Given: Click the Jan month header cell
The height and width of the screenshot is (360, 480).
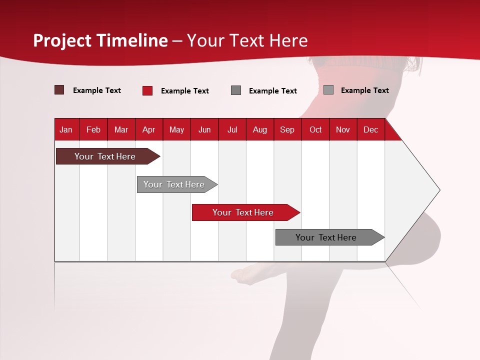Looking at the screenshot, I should tap(66, 129).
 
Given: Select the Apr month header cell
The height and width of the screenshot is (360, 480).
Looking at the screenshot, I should tap(149, 129).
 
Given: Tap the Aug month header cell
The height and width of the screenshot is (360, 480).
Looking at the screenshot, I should tap(260, 129).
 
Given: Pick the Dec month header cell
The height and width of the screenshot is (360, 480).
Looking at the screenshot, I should tap(371, 129).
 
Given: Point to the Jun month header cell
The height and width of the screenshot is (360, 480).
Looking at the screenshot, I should tap(204, 129).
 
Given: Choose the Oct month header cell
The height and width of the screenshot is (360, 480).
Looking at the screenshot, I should tap(315, 129).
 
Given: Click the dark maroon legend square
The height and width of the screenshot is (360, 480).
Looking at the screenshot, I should tap(59, 90).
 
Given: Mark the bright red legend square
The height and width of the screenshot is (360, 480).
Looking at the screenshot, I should tap(147, 90).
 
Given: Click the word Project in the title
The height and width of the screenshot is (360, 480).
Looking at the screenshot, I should tap(61, 40).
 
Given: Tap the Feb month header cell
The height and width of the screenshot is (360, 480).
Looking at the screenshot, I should tap(93, 129).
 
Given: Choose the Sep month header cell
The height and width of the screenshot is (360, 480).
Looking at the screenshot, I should tap(287, 129).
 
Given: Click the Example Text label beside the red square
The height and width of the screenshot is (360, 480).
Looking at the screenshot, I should tap(185, 90).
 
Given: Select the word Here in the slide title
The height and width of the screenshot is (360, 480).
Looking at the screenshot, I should tap(288, 40).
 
